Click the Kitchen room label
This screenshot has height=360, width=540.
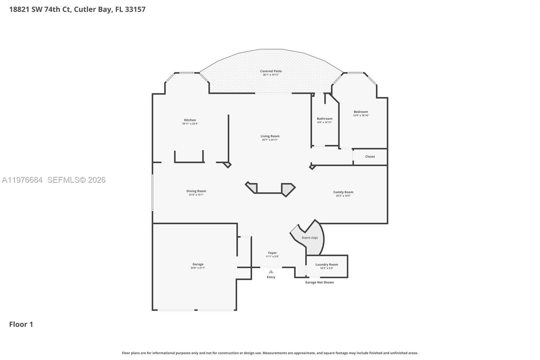pyautogui.click(x=190, y=120)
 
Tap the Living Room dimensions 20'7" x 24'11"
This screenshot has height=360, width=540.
pyautogui.click(x=270, y=140)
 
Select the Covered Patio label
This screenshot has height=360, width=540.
pyautogui.click(x=271, y=71)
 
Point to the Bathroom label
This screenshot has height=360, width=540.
pyautogui.click(x=324, y=119)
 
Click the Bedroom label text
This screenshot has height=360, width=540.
pyautogui.click(x=361, y=112)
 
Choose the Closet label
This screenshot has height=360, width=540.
pyautogui.click(x=370, y=156)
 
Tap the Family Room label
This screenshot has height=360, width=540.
pyautogui.click(x=343, y=192)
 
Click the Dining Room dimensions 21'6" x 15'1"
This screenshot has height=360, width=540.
pyautogui.click(x=196, y=195)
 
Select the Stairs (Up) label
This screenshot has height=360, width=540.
pyautogui.click(x=309, y=237)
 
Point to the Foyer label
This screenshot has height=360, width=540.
pyautogui.click(x=272, y=253)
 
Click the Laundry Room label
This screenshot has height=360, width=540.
pyautogui.click(x=326, y=264)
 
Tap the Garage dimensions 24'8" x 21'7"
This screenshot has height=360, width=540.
pyautogui.click(x=198, y=268)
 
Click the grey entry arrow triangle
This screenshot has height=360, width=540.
pyautogui.click(x=271, y=272)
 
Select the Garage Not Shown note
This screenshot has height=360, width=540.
pyautogui.click(x=319, y=282)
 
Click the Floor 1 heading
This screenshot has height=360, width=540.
pyautogui.click(x=21, y=324)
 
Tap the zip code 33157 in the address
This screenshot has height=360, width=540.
pyautogui.click(x=135, y=9)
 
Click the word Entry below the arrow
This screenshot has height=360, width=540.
pyautogui.click(x=271, y=277)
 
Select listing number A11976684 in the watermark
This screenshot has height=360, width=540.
pyautogui.click(x=22, y=180)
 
